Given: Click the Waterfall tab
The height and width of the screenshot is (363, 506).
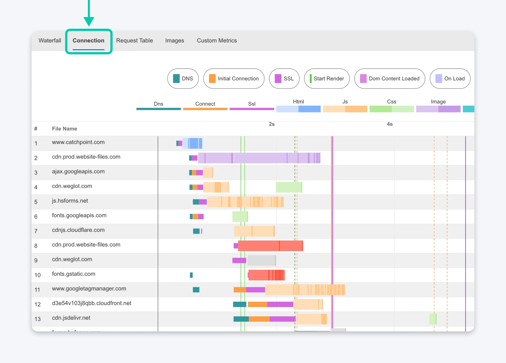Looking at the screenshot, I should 50,40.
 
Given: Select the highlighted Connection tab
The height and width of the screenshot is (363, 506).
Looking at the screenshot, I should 89,40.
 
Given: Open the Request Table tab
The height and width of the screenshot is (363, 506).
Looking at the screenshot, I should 134,40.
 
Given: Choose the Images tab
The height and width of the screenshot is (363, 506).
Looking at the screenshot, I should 175,40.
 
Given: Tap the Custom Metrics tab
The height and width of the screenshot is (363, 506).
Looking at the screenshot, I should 217,40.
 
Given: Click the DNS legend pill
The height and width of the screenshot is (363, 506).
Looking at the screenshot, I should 183,79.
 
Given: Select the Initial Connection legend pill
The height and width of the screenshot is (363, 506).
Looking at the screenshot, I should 234,79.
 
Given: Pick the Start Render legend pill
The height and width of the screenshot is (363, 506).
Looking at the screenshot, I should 327,79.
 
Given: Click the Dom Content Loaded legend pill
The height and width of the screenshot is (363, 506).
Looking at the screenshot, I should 390,79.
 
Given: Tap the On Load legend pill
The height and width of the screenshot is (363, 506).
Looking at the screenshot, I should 450,79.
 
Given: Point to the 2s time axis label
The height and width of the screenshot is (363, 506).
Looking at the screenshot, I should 272,124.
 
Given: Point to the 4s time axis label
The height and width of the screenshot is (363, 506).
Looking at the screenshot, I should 390,124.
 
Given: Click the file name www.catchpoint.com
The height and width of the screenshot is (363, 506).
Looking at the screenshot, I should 78,142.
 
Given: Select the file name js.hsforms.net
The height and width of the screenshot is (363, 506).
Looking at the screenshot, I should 70,201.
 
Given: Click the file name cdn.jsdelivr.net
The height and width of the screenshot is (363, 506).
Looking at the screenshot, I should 71,318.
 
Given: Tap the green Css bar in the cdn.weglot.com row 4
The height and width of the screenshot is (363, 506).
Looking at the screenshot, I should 289,187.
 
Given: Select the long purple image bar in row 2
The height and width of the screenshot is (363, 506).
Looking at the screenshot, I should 259,158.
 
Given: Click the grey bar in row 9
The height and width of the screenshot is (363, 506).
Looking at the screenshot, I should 262,260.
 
